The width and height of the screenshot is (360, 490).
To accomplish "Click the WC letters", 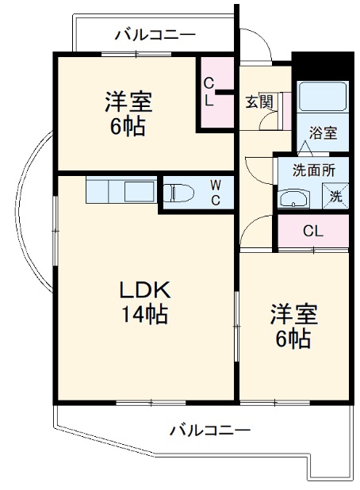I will pyautogui.click(x=215, y=193).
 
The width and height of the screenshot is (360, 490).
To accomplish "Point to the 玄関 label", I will pyautogui.click(x=259, y=101).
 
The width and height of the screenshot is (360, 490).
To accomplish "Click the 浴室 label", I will pyautogui.click(x=323, y=132).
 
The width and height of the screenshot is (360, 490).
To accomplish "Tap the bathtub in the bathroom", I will pyautogui.click(x=323, y=97).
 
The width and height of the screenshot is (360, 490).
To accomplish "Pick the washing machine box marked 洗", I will pyautogui.click(x=335, y=195).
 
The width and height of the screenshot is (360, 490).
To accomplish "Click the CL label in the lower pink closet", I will pyautogui.click(x=312, y=232).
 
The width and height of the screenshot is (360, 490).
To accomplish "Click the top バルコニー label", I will pyautogui.click(x=155, y=35).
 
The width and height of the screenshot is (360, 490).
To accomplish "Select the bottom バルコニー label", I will pyautogui.click(x=210, y=431).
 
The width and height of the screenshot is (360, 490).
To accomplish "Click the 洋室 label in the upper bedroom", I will pyautogui.click(x=128, y=102).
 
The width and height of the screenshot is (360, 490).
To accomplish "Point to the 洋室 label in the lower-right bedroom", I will pyautogui.click(x=293, y=315).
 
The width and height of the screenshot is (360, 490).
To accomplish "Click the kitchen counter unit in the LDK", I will pyautogui.click(x=121, y=192).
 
